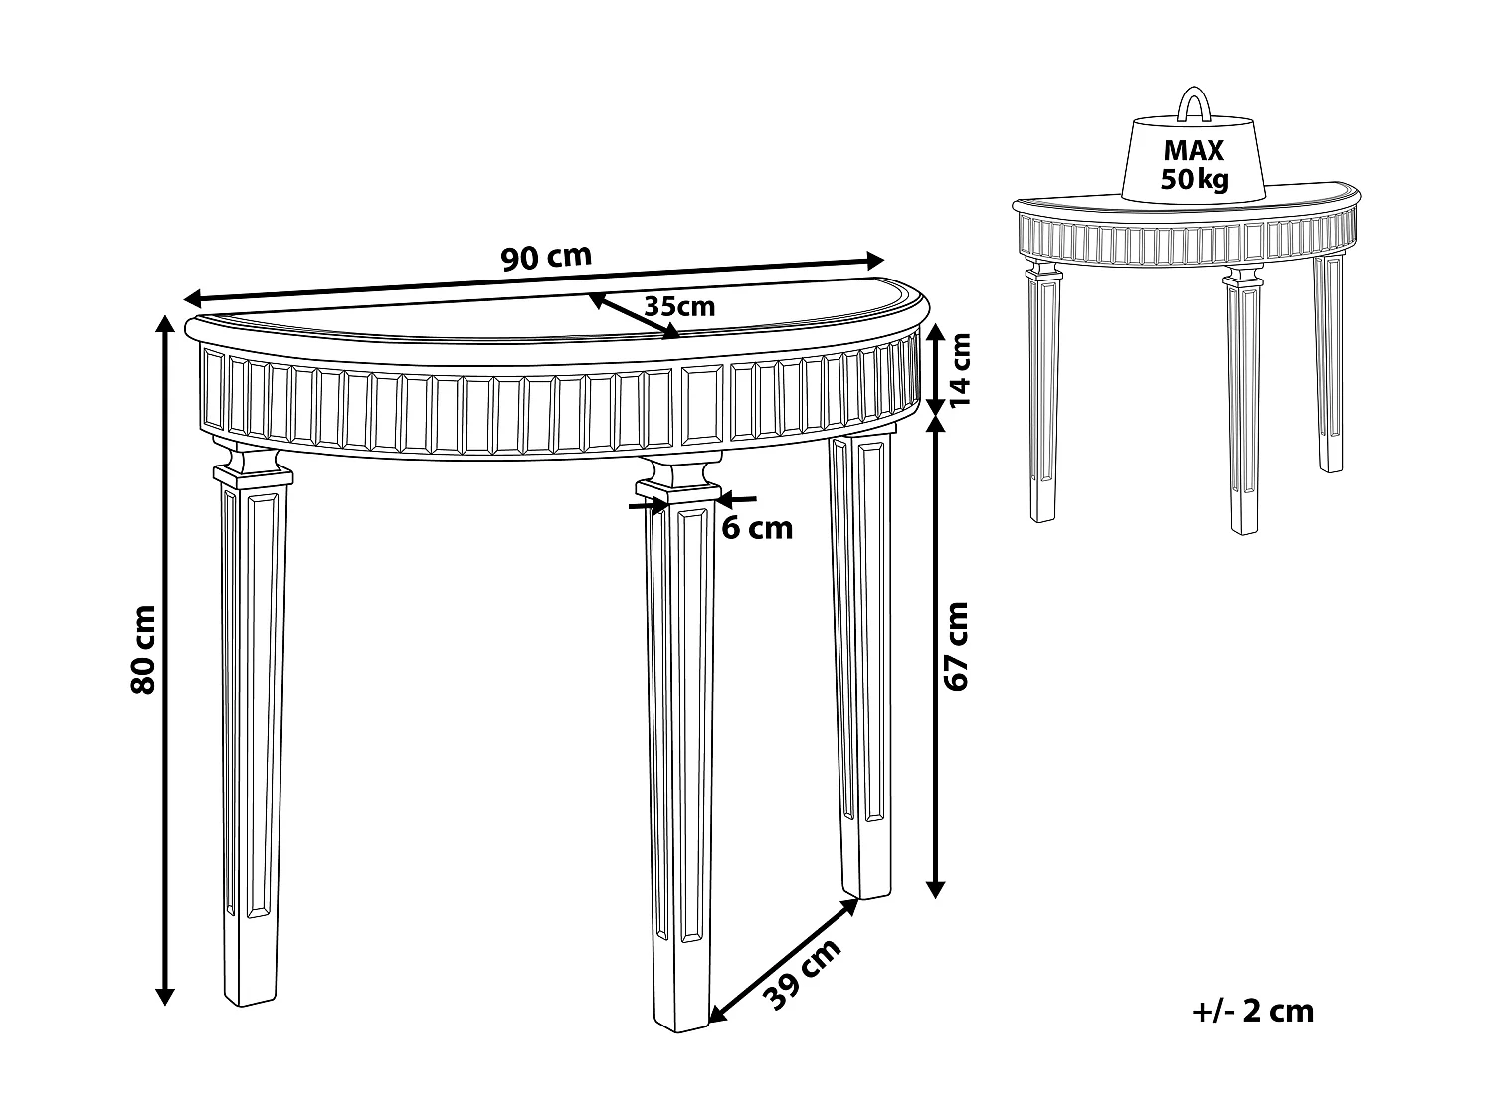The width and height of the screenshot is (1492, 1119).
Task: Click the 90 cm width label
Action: [x=546, y=258]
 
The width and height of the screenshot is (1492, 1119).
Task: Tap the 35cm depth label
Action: [x=679, y=306]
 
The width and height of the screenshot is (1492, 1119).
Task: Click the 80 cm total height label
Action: [x=143, y=649]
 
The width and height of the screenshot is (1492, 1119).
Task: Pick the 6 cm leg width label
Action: [x=757, y=528]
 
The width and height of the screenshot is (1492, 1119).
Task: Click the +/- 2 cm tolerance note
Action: [x=1252, y=1011]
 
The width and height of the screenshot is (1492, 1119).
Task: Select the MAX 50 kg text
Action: [x=1195, y=166]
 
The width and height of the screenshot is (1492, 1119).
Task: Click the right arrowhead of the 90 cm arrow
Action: [x=875, y=260]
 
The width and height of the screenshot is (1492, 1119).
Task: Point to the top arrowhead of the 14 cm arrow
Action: [x=935, y=333]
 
